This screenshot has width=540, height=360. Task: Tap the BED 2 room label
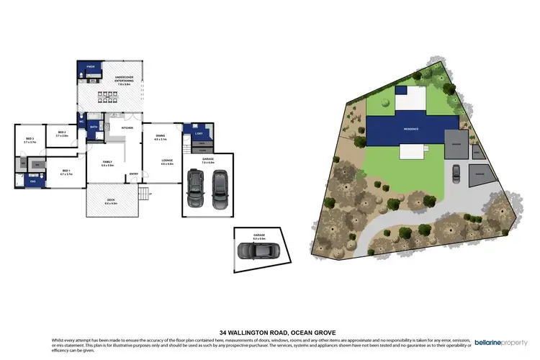coord(61,134)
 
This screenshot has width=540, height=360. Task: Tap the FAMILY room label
coord(107,163)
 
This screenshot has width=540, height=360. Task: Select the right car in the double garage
coord(220,189)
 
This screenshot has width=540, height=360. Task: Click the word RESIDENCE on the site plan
coord(411,129)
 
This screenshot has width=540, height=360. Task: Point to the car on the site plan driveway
coord(455,173)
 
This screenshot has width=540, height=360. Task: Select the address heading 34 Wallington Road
coord(270,332)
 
